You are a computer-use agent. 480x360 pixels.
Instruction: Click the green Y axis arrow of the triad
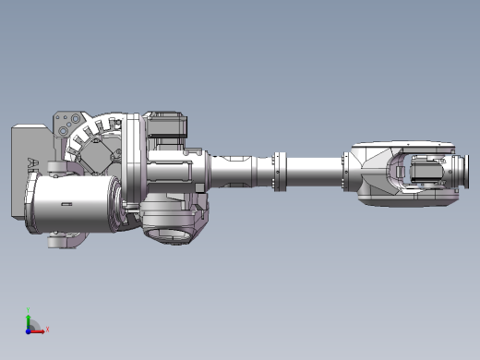click(29, 320)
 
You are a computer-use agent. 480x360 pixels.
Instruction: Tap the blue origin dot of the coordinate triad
click(30, 329)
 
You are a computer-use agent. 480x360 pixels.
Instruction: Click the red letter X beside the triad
click(47, 328)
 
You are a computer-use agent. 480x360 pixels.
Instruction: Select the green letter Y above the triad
click(30, 311)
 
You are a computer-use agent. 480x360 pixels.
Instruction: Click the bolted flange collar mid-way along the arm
click(278, 172)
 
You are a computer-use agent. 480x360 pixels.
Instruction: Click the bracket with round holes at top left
click(64, 125)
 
